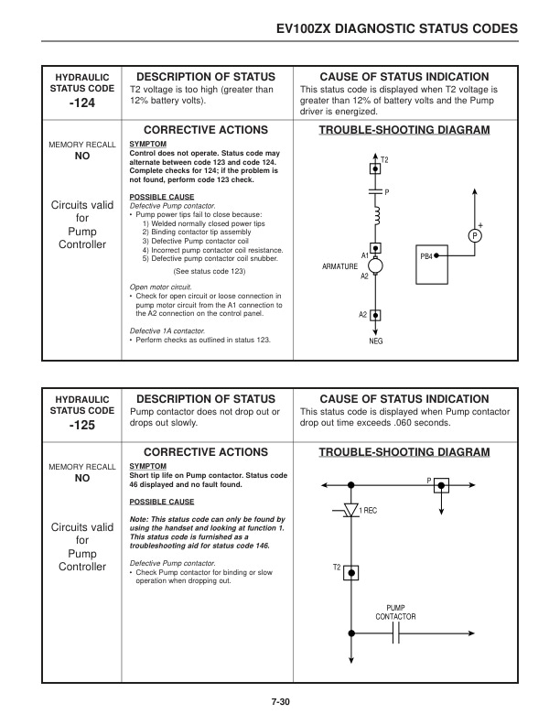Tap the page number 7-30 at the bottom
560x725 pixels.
point(280,701)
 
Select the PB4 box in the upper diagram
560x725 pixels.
point(430,257)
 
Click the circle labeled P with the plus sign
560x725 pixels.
point(475,236)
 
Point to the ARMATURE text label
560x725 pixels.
point(340,265)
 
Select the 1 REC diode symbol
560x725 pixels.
point(351,511)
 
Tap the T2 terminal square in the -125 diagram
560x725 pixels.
point(351,571)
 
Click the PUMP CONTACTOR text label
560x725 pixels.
point(395,611)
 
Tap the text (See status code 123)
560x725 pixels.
point(209,271)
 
